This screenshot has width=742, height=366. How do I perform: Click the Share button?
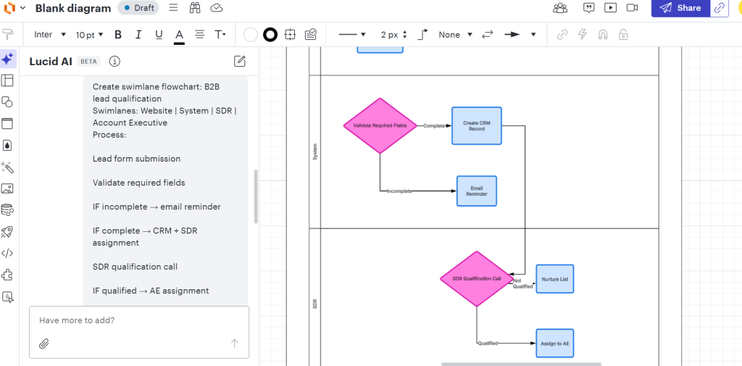pos(680,8)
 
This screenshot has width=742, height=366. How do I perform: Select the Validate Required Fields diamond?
pos(380,125)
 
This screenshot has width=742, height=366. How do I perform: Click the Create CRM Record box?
pos(476,125)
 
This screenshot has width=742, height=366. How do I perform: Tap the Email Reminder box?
pos(476,191)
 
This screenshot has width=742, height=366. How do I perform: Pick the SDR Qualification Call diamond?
pos(476,278)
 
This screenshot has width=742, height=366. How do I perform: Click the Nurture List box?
pos(554,278)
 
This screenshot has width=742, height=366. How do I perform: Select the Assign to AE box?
pos(554,343)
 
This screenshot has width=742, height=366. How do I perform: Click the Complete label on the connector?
pos(434,125)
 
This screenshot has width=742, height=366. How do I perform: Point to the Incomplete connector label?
pos(399,191)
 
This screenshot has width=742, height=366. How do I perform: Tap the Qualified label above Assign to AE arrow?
pos(488,343)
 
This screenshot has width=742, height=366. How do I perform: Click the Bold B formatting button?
pos(118,34)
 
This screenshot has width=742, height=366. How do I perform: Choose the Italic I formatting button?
pos(138,34)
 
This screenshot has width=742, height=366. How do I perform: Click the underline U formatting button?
pos(158,34)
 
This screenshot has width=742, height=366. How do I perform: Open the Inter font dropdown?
pos(50,34)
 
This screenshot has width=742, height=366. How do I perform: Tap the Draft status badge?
pos(138,8)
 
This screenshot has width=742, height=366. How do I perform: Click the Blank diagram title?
pos(73,9)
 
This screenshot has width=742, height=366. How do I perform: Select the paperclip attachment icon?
pos(43,344)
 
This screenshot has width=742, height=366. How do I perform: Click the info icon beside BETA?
pos(114,62)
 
